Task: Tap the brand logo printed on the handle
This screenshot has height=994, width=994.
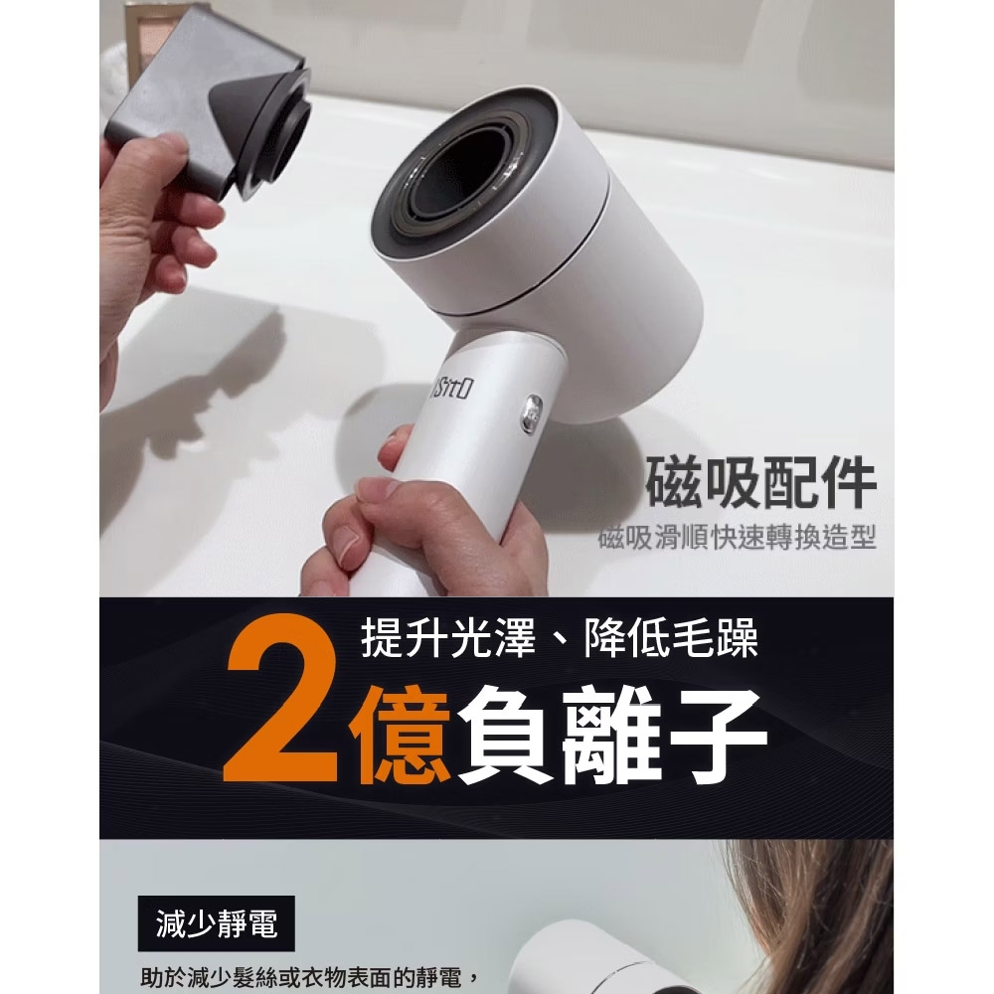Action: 451,388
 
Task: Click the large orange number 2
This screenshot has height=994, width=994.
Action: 282,699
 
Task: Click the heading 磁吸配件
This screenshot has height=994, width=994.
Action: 761,483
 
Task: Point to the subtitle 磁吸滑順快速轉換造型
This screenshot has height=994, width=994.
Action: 738,540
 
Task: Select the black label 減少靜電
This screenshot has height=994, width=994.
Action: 216,923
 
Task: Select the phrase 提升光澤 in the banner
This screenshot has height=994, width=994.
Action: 447,637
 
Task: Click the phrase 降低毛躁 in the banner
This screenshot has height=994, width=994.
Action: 671,637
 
